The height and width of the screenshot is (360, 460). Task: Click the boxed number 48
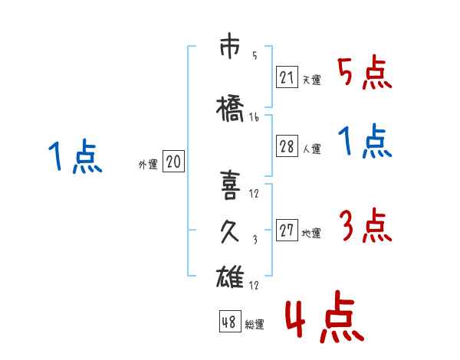pos(229,322)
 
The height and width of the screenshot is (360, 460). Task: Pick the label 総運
pos(254,325)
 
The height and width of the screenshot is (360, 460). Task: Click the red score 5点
pos(365,73)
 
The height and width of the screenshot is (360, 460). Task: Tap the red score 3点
pos(365,227)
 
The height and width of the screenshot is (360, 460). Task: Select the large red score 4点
pos(324,319)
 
